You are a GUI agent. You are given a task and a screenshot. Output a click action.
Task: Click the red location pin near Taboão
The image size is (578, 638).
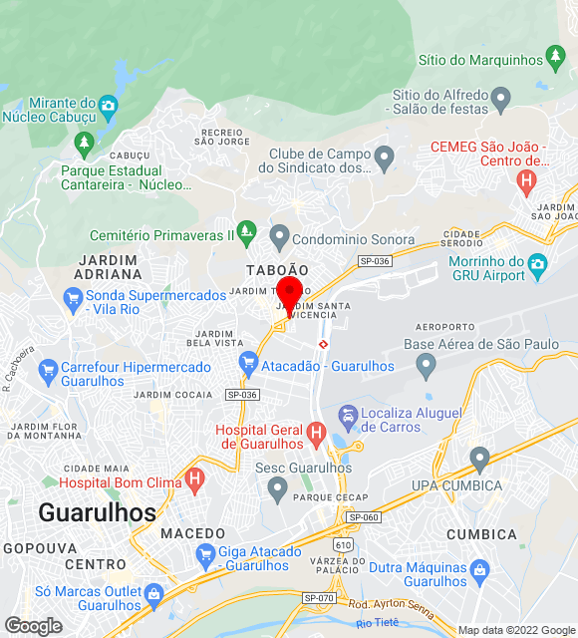[x=289, y=295]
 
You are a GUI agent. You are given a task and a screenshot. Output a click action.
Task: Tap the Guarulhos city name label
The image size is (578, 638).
[x=98, y=512]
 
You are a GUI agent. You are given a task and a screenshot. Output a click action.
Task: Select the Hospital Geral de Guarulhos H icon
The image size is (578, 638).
[x=317, y=433]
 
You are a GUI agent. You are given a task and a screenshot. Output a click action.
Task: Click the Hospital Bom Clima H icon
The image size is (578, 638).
[x=195, y=482]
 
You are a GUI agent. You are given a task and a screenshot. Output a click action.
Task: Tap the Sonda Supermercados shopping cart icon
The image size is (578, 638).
[x=72, y=296]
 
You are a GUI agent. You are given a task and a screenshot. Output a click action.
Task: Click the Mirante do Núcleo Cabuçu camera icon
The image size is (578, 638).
[x=109, y=105]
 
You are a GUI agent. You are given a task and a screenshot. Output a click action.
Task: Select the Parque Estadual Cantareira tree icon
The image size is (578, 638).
[x=84, y=146]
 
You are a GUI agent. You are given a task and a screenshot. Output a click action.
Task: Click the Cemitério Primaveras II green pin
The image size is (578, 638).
[x=248, y=235]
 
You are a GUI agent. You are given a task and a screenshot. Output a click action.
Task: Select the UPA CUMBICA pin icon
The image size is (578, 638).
[x=479, y=460]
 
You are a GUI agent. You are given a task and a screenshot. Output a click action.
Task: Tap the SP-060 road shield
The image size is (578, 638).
[x=364, y=517]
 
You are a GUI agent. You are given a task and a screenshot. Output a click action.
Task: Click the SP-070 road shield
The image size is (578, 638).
[x=318, y=597]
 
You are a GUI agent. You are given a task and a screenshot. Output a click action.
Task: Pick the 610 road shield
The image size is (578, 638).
[x=344, y=545]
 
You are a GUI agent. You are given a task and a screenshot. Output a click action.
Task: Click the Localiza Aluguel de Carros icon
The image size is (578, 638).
[x=348, y=415]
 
